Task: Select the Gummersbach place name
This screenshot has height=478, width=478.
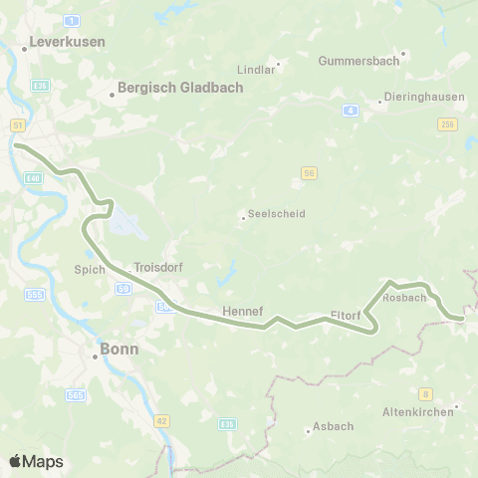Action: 358,61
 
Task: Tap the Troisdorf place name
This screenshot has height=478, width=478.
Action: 158,267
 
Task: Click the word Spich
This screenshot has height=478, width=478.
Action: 89,269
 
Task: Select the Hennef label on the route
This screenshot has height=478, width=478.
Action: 242,311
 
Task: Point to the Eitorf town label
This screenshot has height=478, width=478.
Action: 343,317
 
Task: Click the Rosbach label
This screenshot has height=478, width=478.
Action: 404,298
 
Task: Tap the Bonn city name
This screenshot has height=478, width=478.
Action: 119,350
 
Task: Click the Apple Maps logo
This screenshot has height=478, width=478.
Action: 36,461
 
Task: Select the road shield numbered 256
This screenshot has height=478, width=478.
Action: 447,123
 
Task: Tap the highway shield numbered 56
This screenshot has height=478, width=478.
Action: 310,173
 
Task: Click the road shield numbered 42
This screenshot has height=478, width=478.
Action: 161,420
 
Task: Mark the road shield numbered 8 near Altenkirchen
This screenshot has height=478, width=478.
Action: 425,392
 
